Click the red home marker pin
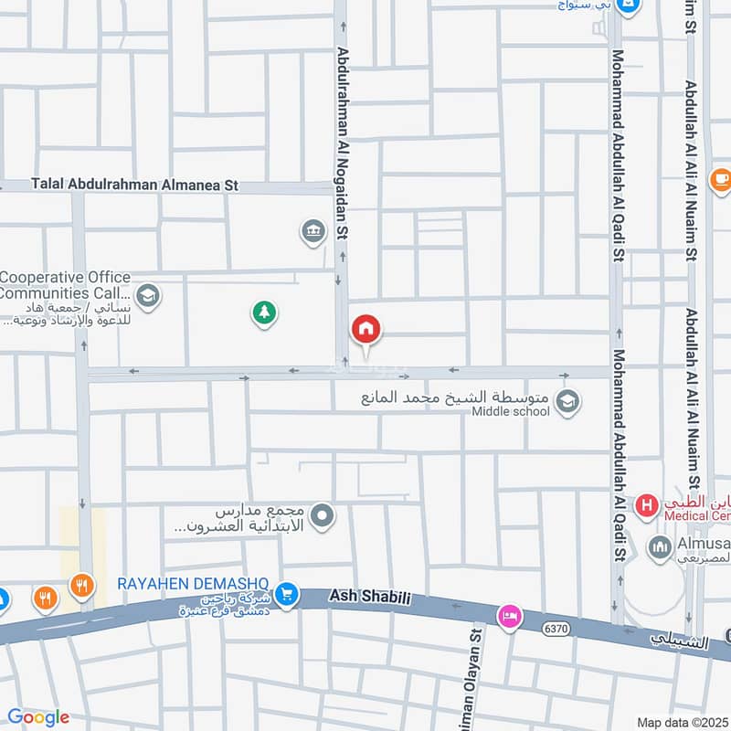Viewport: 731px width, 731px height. coord(366,329)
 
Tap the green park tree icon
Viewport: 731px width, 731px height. coord(264,313)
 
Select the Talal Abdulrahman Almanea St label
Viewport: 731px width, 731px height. coord(134,185)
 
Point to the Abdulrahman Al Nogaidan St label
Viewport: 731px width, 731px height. coord(343,143)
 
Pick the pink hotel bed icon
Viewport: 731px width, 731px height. coord(509,618)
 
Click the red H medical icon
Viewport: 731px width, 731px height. coord(647,504)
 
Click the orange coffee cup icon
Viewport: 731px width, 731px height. coord(720,179)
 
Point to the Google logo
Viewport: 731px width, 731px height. coord(37,717)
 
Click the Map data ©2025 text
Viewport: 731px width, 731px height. coord(682,722)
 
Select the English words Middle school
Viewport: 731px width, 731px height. coord(511,411)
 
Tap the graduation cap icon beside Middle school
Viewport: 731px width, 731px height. coord(567,402)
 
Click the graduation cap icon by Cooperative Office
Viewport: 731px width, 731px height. coord(148,296)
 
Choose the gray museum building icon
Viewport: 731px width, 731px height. coord(313,232)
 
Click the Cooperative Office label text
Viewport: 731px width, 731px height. coord(66,285)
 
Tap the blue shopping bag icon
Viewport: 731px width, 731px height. coord(628,5)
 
